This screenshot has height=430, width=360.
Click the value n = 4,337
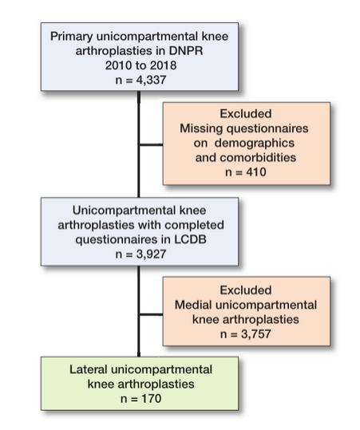point(140,80)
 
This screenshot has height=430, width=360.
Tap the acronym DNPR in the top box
point(186,51)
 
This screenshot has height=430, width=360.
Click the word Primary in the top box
point(71,37)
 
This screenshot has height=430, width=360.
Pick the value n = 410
point(246,172)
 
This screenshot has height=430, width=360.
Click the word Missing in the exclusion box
point(201,128)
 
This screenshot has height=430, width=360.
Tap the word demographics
point(255,143)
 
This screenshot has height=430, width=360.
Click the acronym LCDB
point(190,239)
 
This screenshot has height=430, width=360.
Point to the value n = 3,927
point(140,254)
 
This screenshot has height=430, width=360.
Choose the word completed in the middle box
point(194,225)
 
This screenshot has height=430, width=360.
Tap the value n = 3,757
point(246,334)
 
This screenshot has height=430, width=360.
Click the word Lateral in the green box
point(88,369)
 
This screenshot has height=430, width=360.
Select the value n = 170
point(140,398)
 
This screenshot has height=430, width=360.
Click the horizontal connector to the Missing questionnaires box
point(151,144)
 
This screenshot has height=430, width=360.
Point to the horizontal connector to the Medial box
point(151,314)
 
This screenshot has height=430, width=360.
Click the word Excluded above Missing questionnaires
point(246,114)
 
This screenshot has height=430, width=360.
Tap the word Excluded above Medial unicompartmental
point(246,290)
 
